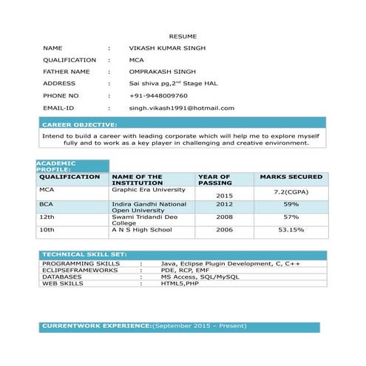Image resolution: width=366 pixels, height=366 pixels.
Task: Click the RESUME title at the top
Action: point(182,35)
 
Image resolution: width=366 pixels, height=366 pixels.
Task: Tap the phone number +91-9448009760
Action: point(158,96)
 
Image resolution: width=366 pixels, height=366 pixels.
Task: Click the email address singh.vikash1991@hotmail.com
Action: point(181,108)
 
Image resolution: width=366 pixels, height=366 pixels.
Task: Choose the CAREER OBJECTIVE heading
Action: point(79,125)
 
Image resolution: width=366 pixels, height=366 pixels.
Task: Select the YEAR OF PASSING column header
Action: point(214,180)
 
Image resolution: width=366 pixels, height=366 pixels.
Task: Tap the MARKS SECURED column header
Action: point(291,177)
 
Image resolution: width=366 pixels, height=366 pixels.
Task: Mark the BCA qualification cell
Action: point(47,203)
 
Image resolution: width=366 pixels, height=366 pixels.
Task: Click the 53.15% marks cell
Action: point(291,230)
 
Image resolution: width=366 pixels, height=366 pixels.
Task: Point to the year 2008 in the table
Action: point(225,217)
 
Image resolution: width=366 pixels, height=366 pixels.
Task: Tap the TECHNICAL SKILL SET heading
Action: point(84,254)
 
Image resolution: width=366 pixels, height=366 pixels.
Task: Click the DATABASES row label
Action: point(63,277)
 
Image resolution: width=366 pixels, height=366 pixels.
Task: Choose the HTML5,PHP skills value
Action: point(180,283)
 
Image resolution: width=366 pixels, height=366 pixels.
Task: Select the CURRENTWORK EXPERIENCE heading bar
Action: point(180,325)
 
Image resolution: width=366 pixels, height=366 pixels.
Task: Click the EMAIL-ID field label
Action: point(58,108)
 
